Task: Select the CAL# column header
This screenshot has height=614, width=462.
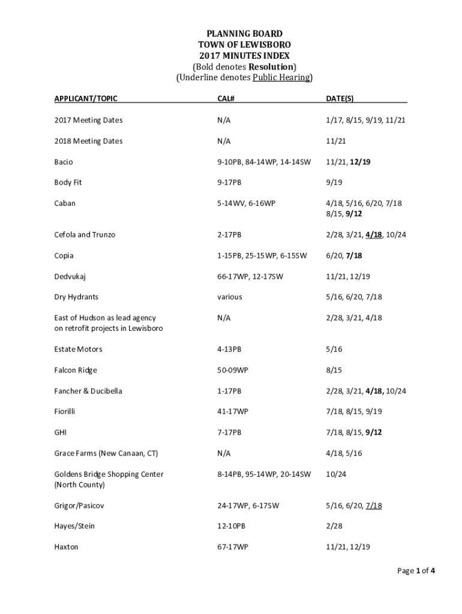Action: click(x=225, y=98)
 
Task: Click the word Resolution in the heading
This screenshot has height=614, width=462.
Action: click(x=271, y=66)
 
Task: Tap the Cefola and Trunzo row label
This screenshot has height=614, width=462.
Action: click(x=83, y=234)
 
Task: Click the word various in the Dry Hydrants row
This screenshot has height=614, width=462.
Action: click(x=230, y=297)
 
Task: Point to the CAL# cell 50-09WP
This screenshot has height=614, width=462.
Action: click(x=232, y=370)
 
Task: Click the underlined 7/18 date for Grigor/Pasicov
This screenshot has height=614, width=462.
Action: click(x=373, y=505)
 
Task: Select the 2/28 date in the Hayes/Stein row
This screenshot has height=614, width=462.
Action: click(x=334, y=526)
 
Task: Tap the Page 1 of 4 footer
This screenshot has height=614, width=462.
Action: click(x=416, y=571)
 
